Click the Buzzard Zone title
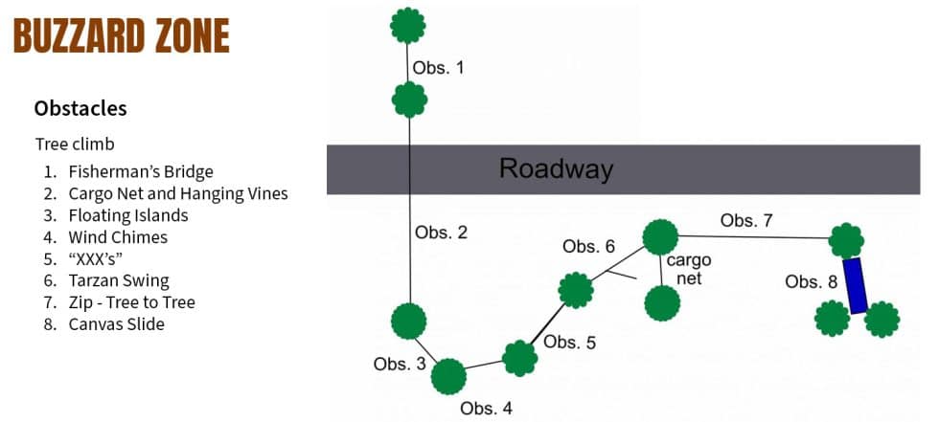[x=121, y=36]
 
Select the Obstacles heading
[x=80, y=108]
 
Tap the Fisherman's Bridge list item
[x=141, y=172]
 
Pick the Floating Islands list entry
[x=128, y=215]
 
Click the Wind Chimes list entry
[x=118, y=237]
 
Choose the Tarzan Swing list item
[x=119, y=280]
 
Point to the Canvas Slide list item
[x=117, y=324]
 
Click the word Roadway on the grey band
[x=556, y=169]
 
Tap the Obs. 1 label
[x=439, y=69]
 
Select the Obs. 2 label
[x=441, y=233]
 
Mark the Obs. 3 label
[x=399, y=364]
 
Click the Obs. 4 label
[x=486, y=409]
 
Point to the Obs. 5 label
[x=569, y=343]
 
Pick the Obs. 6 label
[x=588, y=247]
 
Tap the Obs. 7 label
[x=746, y=221]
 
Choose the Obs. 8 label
[x=811, y=281]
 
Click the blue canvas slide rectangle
[x=856, y=285]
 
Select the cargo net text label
[x=689, y=269]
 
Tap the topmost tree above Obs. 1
[x=409, y=25]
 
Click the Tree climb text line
[x=75, y=144]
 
